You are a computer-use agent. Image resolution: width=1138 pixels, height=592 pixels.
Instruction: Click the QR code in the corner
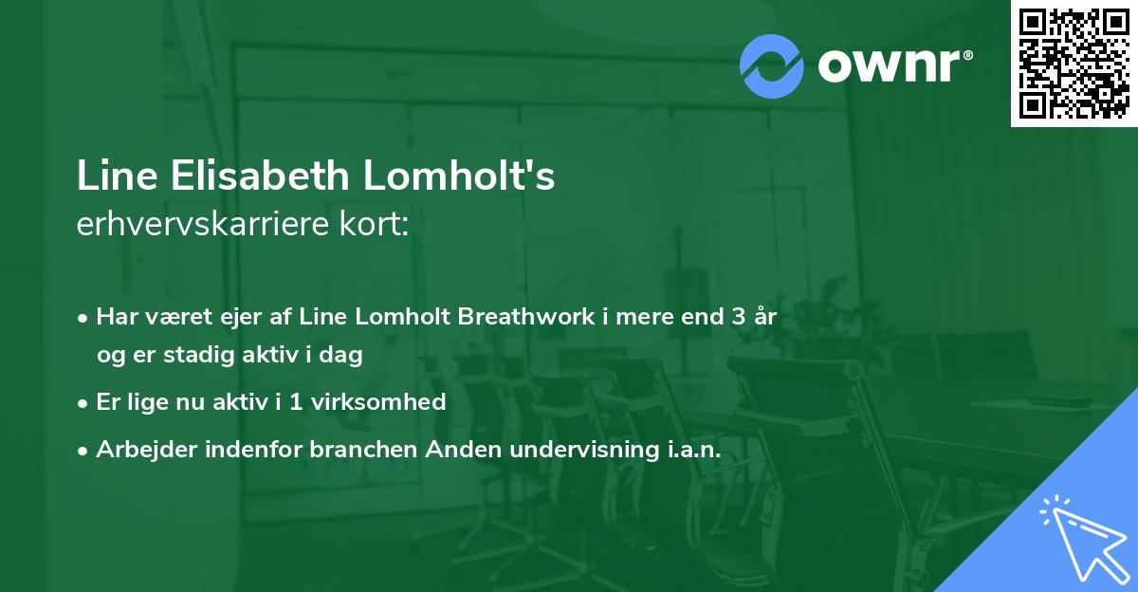(1074, 64)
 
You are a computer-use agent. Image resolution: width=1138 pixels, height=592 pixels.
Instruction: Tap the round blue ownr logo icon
(772, 65)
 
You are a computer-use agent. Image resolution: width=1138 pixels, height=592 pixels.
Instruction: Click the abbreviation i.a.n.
(688, 449)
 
